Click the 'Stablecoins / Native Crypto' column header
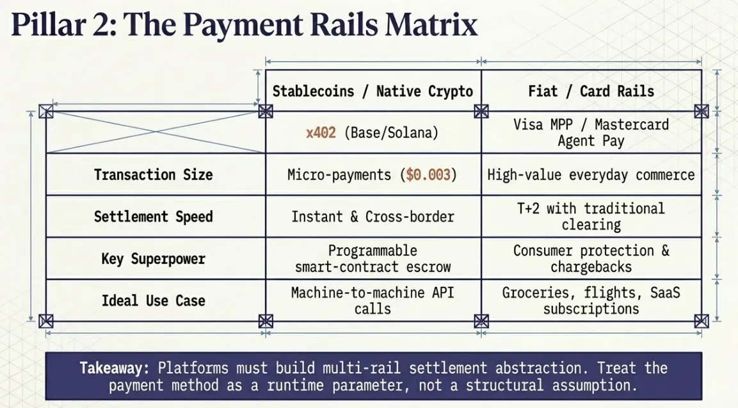tap(373, 91)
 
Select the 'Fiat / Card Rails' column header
tap(591, 91)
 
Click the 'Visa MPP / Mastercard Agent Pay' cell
tap(591, 133)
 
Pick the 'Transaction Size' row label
tap(153, 174)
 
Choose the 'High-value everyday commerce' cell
tap(591, 174)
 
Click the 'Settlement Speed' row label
tap(153, 216)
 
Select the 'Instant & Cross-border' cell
tap(373, 216)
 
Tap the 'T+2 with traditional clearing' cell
tap(591, 216)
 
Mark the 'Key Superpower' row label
tap(153, 259)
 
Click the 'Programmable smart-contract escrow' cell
tap(373, 259)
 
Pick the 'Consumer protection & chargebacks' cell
tap(591, 259)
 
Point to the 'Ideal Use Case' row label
tap(153, 300)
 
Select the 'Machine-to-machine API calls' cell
tap(373, 300)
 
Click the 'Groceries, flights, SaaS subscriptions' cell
tap(591, 300)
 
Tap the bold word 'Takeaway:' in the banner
tap(115, 368)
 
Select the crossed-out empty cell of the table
tap(156, 132)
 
